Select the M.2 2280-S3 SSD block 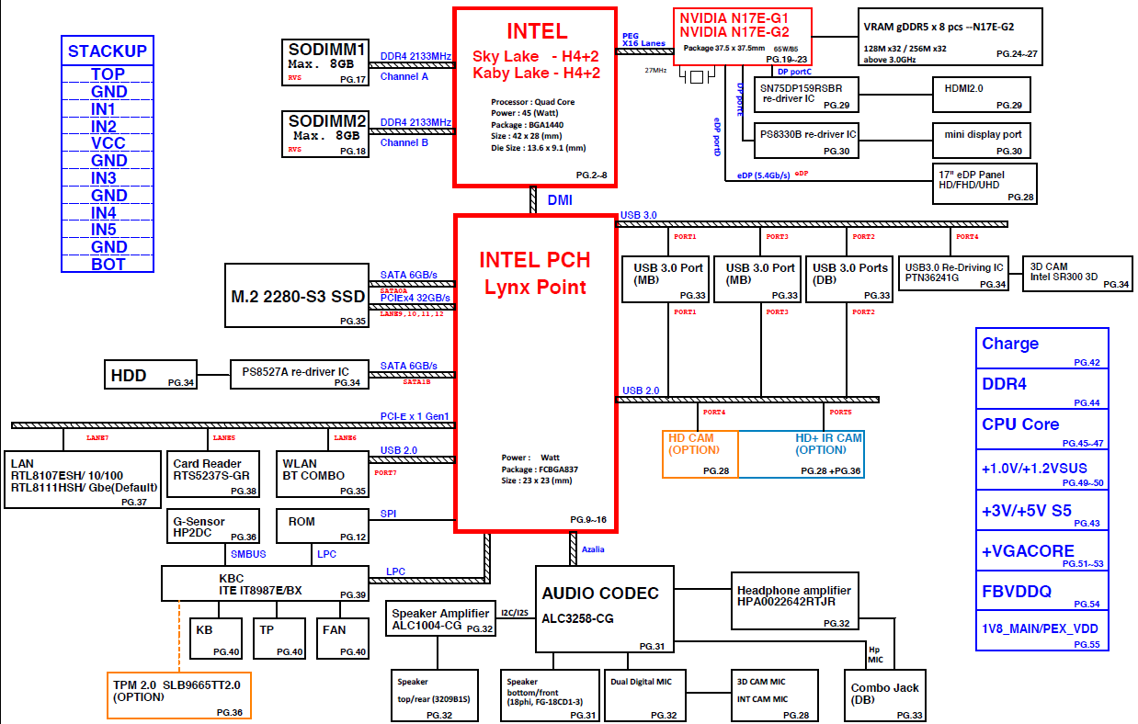click(x=297, y=296)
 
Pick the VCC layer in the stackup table click(x=108, y=143)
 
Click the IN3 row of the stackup click(x=108, y=178)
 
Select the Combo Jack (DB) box click(x=885, y=696)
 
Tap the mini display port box click(x=981, y=140)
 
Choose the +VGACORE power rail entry click(x=1041, y=550)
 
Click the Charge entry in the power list click(x=1041, y=348)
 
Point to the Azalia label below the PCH click(x=594, y=549)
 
